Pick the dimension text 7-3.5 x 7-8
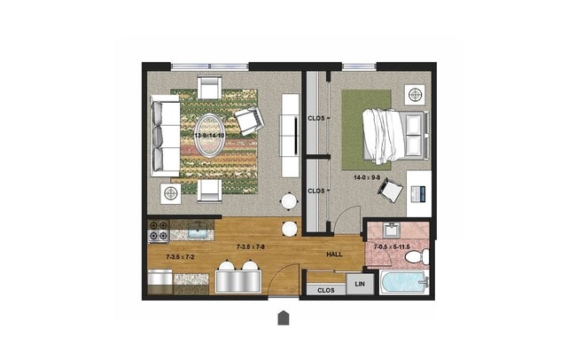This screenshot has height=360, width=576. pos(251,247)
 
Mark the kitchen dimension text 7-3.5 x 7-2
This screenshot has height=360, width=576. pos(181,257)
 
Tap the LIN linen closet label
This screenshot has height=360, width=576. pos(359,284)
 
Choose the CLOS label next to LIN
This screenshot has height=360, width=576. pos(325,289)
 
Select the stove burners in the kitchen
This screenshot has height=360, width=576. pos(159,231)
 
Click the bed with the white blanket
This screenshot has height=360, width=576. pos(394,136)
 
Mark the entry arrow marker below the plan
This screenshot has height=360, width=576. pos(283,317)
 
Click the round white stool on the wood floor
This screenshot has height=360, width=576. pos(290,228)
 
